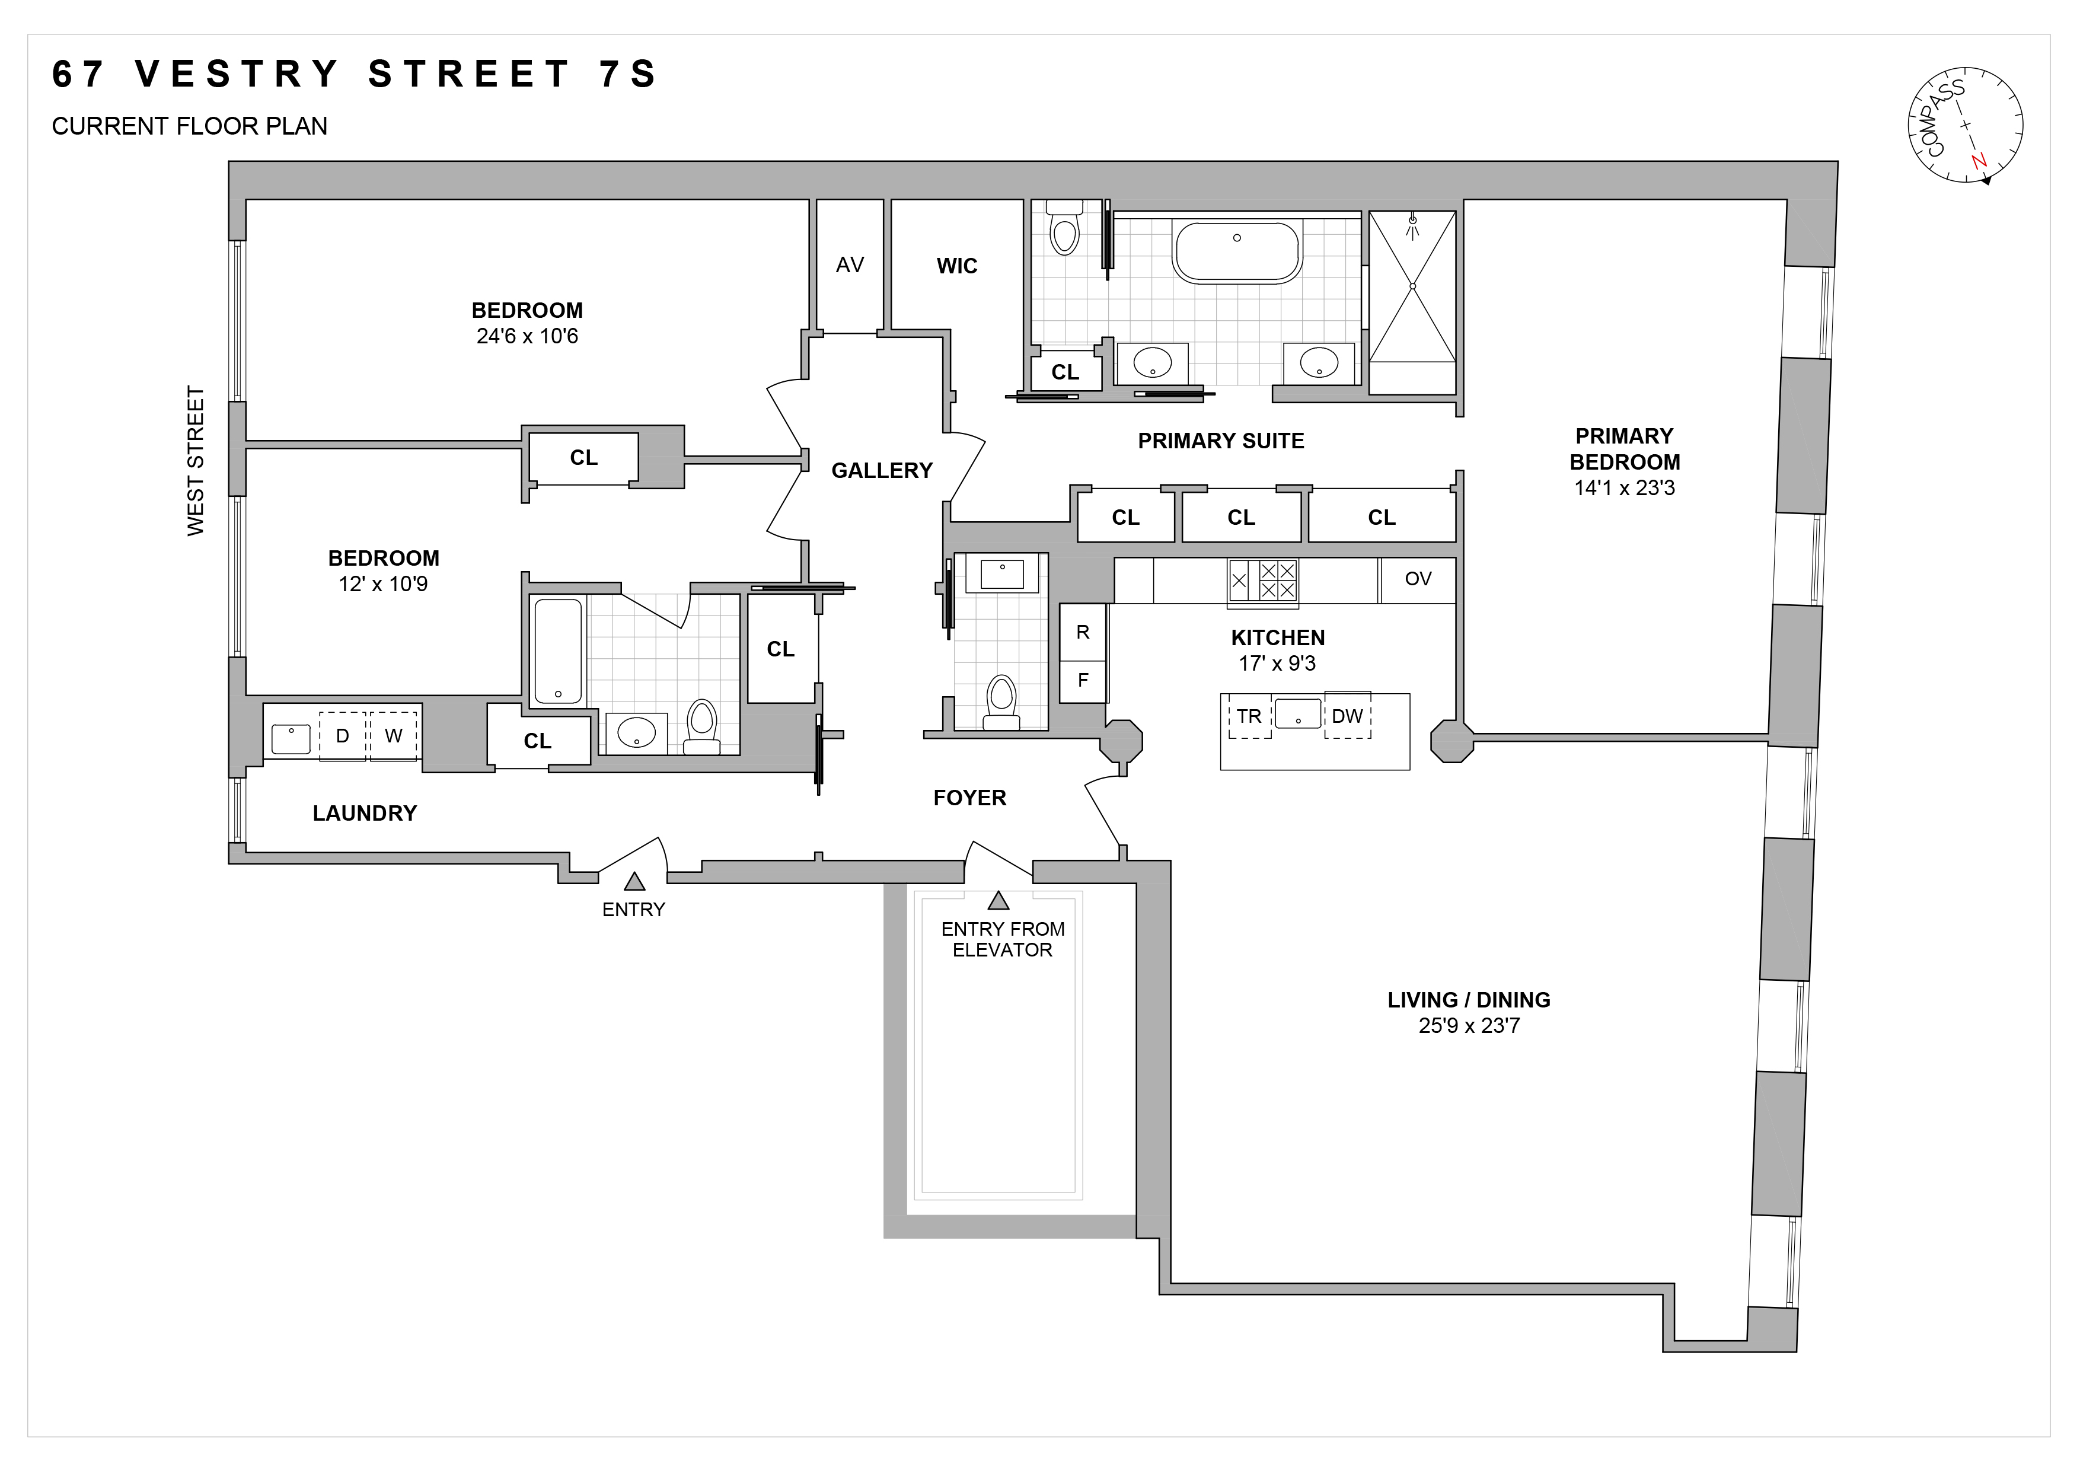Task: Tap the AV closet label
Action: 849,266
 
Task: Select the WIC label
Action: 956,266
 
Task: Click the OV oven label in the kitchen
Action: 1417,579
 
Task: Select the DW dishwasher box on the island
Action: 1347,716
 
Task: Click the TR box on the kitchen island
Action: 1249,716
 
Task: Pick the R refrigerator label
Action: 1083,632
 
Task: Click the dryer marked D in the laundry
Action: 343,735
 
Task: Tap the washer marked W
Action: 393,735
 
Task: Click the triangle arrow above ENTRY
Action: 634,881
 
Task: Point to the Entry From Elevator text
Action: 1002,939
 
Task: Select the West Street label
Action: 196,460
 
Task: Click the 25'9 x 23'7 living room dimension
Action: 1469,1026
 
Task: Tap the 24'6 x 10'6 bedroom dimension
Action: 527,336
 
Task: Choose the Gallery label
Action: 882,470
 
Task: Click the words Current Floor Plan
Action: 189,126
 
